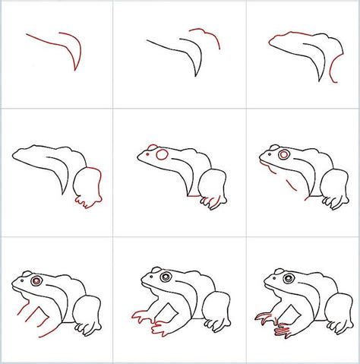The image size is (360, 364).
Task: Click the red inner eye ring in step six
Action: pyautogui.click(x=283, y=154)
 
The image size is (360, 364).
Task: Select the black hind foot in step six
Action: pyautogui.click(x=332, y=201)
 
